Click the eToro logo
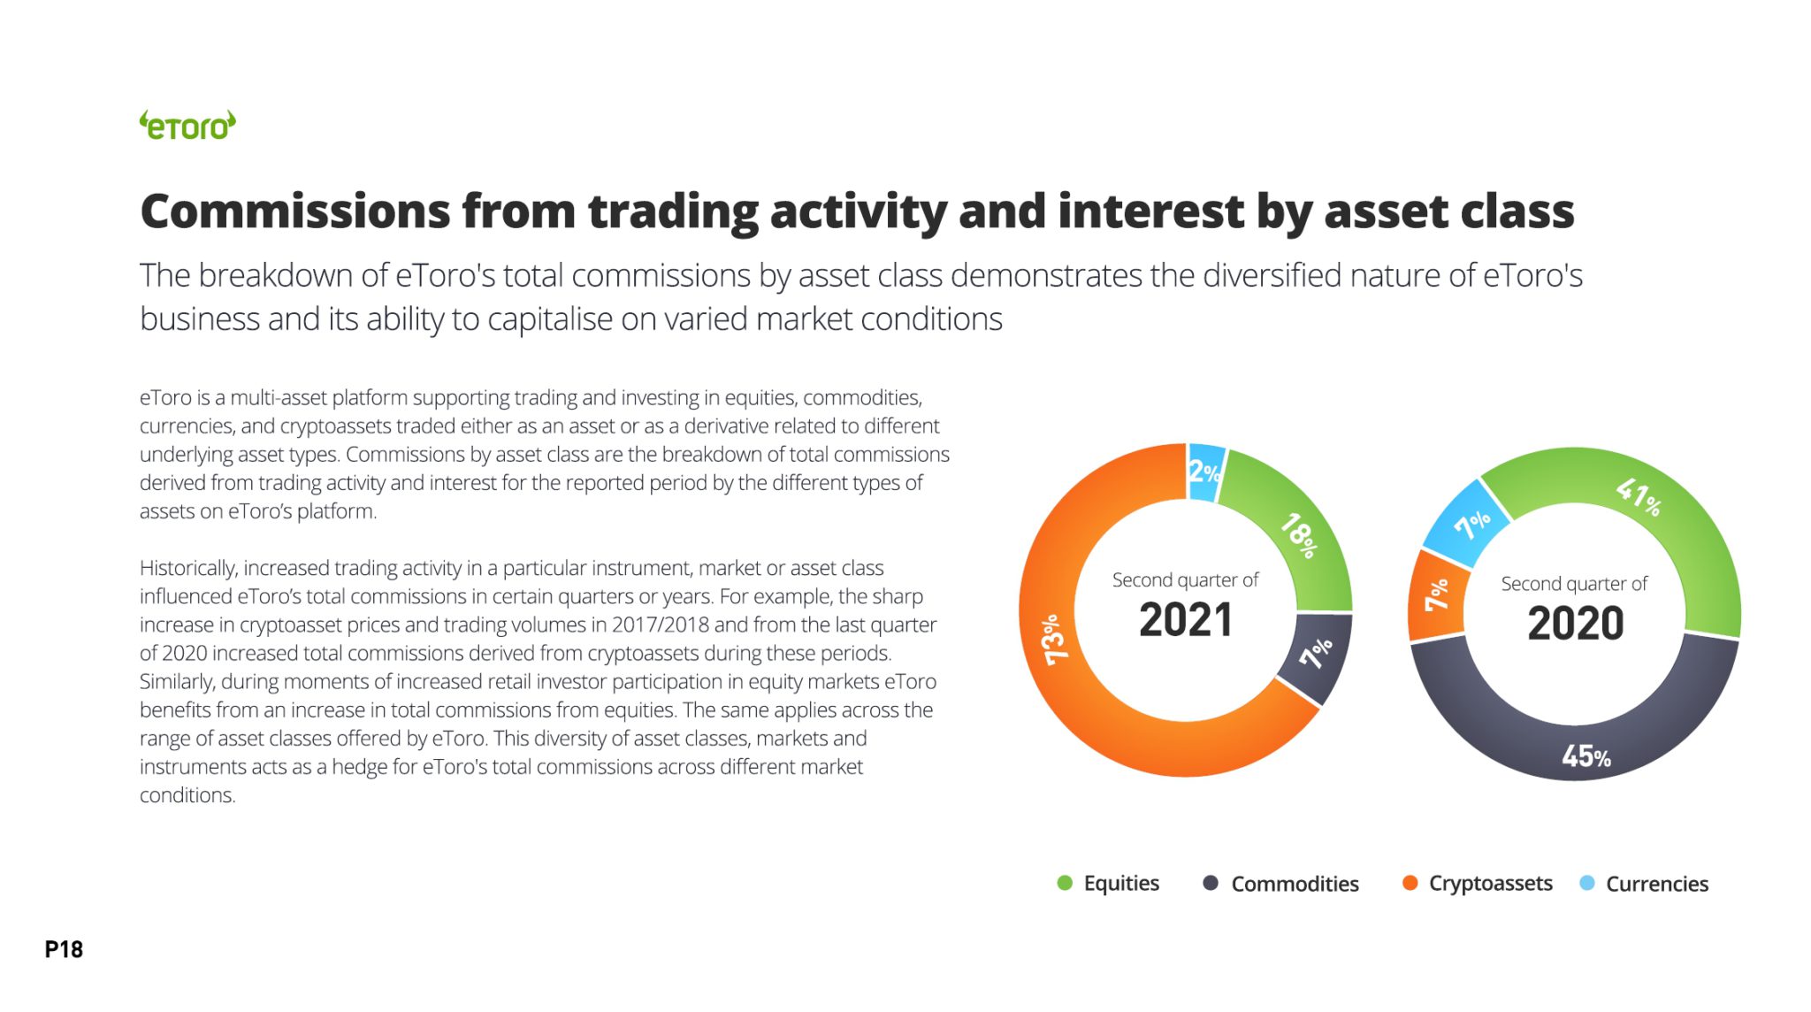[187, 126]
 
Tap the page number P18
[64, 949]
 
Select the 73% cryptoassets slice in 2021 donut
[1061, 655]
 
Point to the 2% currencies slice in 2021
[1204, 471]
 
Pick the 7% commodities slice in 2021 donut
[1316, 655]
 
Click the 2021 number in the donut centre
[1185, 620]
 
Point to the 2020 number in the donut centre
[1575, 624]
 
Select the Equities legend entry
[1108, 883]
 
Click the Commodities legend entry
[1280, 883]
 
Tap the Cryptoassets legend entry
[1477, 883]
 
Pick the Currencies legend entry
[1644, 883]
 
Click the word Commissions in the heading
[295, 211]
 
